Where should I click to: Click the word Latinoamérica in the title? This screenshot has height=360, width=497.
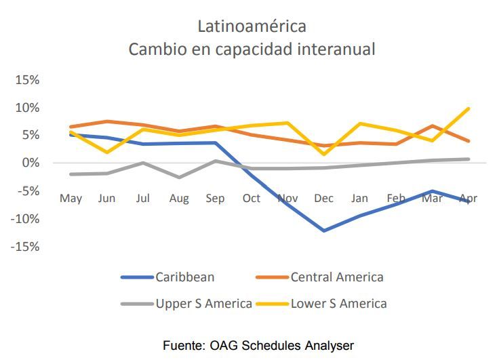(x=252, y=26)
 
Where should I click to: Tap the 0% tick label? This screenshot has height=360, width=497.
(x=30, y=163)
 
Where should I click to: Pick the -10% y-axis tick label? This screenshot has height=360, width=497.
(x=25, y=219)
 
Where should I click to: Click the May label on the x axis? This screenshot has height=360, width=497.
(x=71, y=199)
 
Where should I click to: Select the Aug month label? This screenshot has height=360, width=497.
(x=178, y=199)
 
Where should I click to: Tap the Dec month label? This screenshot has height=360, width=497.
(x=323, y=199)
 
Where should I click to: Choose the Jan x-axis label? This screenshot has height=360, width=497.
(x=359, y=199)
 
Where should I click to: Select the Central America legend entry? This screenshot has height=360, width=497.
(x=337, y=277)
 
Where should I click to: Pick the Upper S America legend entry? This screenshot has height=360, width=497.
(x=204, y=303)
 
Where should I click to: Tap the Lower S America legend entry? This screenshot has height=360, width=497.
(x=339, y=303)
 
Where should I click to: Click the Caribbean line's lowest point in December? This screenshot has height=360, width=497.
(x=323, y=231)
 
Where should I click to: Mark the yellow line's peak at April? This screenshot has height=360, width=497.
(x=469, y=108)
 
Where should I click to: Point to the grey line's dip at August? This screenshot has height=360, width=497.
(x=178, y=177)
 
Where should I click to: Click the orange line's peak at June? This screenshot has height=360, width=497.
(x=106, y=121)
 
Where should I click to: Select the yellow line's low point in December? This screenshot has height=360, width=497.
(x=323, y=154)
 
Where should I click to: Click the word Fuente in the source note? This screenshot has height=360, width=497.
(x=182, y=346)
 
